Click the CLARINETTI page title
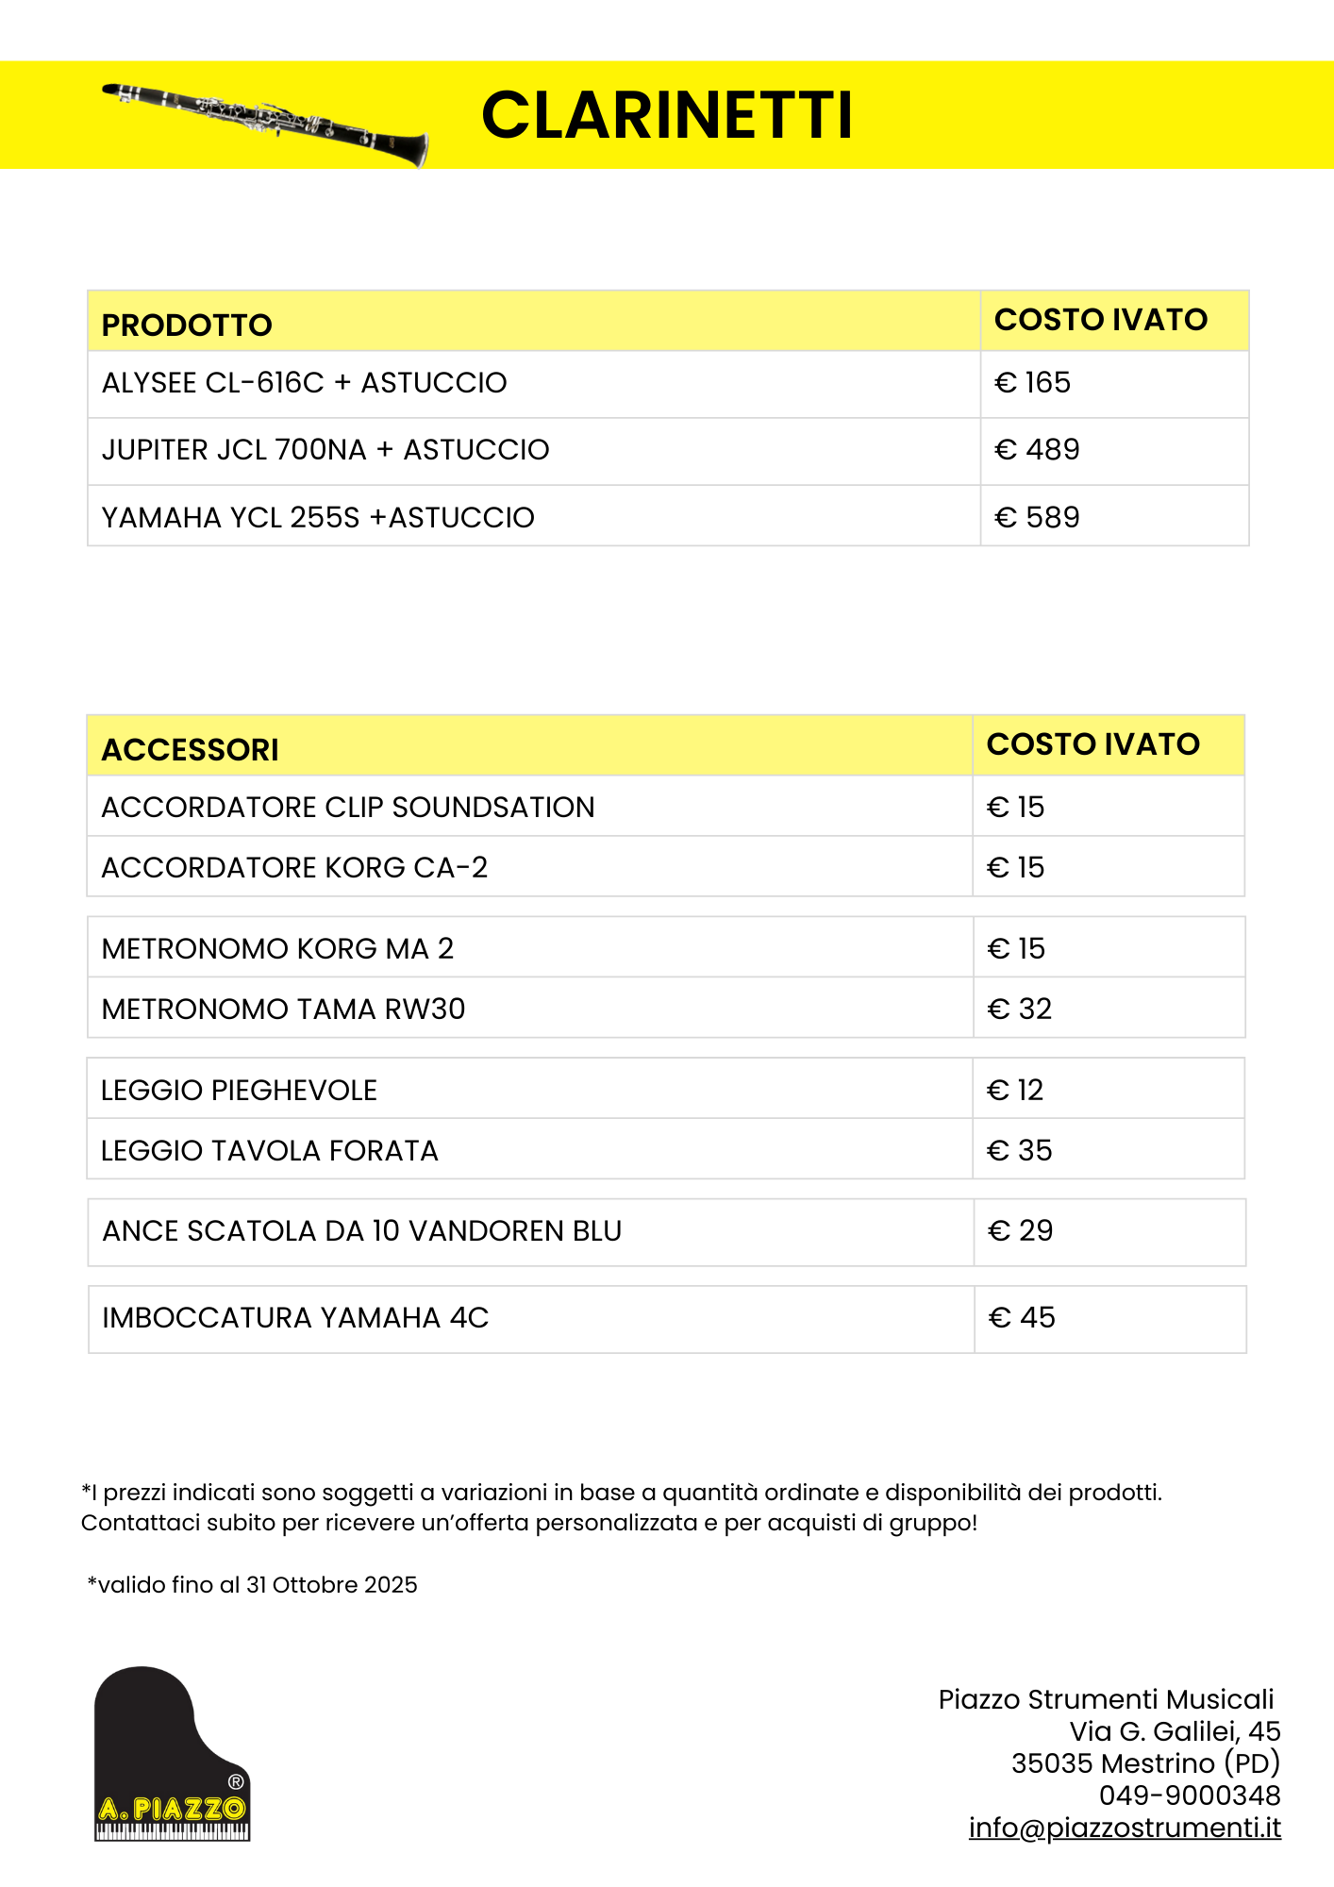tap(667, 115)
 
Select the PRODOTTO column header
tap(187, 326)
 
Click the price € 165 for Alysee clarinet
tap(1032, 383)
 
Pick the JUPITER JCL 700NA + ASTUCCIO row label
tap(325, 450)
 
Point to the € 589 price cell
tap(1037, 518)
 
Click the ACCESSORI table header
tap(190, 750)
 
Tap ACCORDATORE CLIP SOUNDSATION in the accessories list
tap(348, 808)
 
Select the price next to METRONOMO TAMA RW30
tap(1019, 1010)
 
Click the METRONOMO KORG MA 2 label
tap(277, 949)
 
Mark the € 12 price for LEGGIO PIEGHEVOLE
tap(1015, 1091)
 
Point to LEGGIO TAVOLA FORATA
tap(270, 1151)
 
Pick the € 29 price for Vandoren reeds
tap(1020, 1231)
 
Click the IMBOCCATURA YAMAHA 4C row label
tap(295, 1318)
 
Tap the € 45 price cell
tap(1022, 1318)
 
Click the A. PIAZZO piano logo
tap(173, 1755)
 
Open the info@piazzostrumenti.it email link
tap(1125, 1828)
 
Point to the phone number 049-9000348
tap(1190, 1795)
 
